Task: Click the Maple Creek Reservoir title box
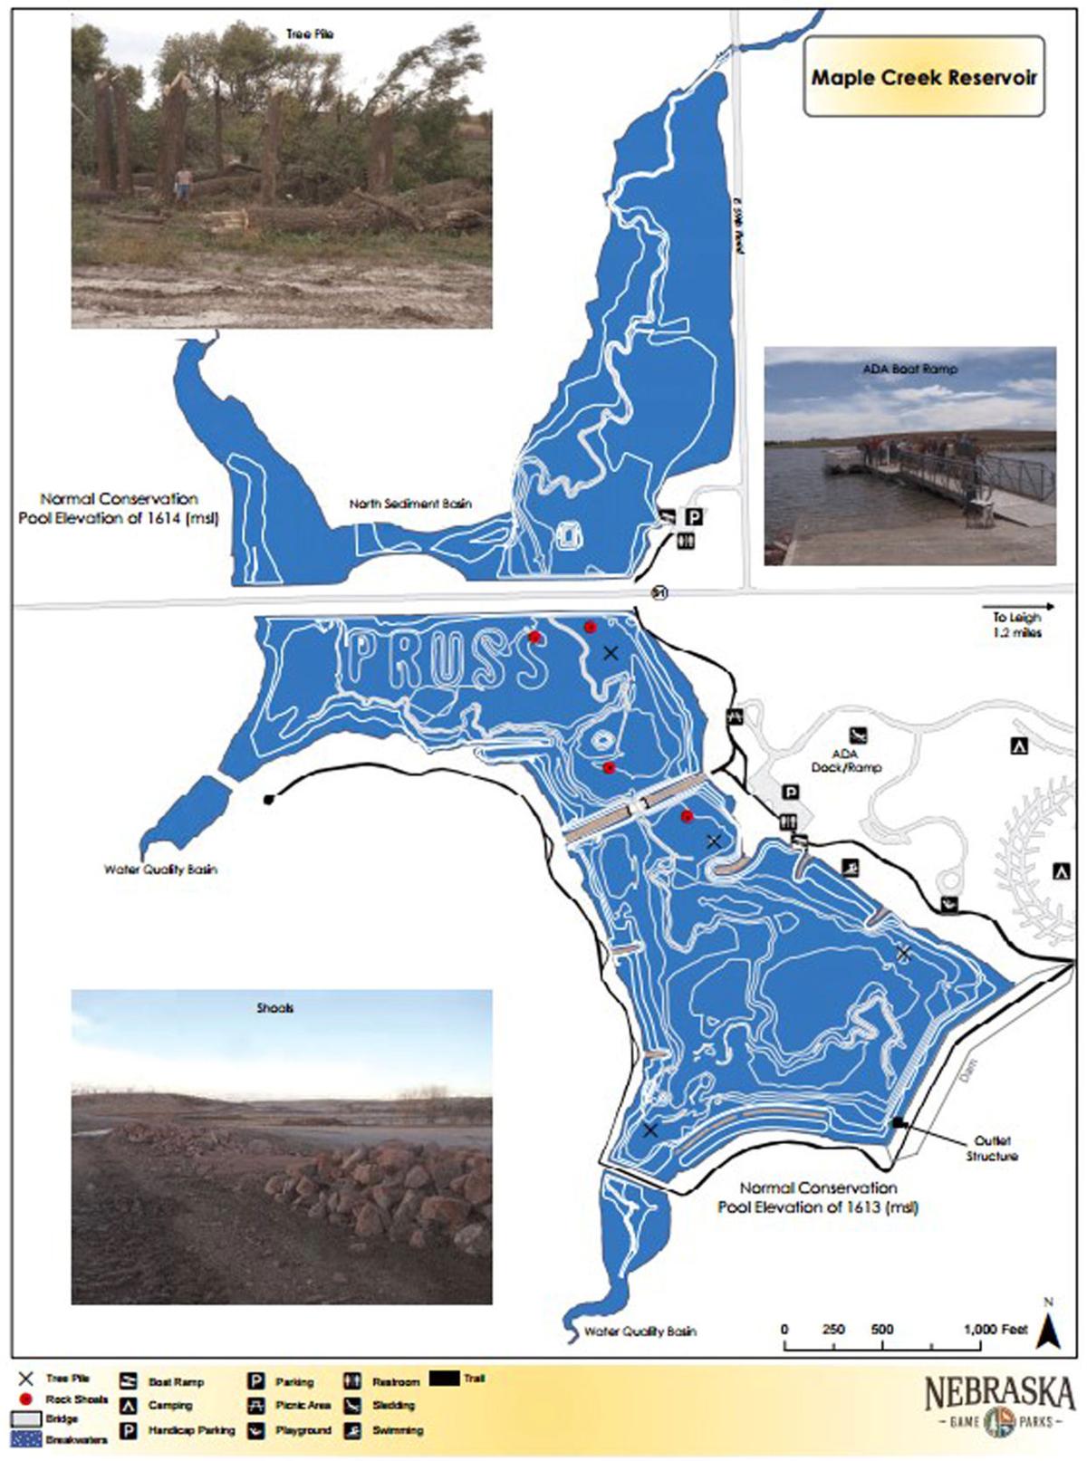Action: click(924, 77)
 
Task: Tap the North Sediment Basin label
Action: click(410, 504)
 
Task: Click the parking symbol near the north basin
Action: click(693, 518)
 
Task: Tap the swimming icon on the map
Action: click(850, 869)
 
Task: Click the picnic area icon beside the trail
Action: click(735, 716)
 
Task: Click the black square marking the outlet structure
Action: click(897, 1123)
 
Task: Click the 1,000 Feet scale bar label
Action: click(996, 1330)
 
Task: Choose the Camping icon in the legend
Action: click(129, 1405)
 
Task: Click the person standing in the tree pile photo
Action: click(184, 184)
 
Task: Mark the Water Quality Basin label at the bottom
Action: click(640, 1331)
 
